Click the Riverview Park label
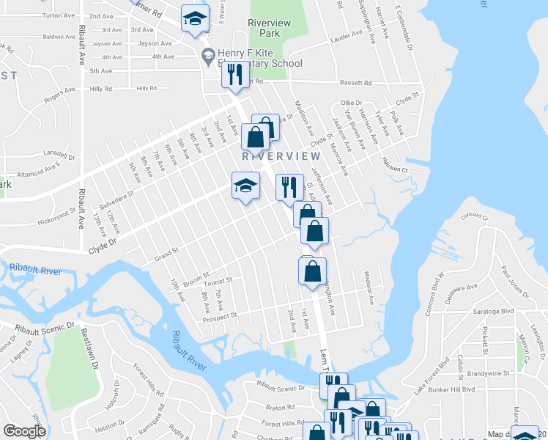click(270, 28)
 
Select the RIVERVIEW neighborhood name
click(281, 156)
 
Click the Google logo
click(24, 431)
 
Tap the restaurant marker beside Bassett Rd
click(235, 75)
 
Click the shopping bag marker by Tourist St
click(313, 271)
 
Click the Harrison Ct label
click(393, 169)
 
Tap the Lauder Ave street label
click(347, 34)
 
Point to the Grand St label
click(166, 254)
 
